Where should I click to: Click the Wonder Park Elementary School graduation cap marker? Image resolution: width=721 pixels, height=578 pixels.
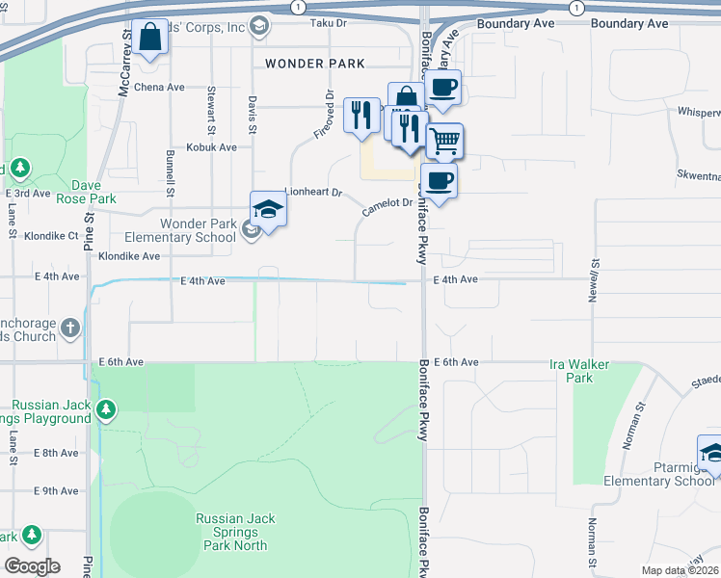coord(268,209)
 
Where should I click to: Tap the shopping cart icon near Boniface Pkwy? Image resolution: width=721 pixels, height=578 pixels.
coord(443,141)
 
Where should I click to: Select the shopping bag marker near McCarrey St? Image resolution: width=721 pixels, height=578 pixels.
coord(150,39)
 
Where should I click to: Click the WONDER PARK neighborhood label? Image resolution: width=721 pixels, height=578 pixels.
coord(315,64)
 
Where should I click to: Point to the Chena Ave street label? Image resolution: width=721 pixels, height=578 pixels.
coord(159,87)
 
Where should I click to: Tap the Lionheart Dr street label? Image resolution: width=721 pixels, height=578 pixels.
coord(313,193)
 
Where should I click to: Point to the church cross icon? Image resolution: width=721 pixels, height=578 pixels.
coord(69,329)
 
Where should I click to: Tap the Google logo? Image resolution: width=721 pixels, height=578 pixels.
coord(32,565)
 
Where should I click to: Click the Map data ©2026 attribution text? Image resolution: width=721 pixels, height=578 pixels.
coord(679,570)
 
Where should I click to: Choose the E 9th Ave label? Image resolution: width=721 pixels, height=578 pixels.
coord(55,490)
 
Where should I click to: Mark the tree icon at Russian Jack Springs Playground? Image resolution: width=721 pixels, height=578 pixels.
coord(105,411)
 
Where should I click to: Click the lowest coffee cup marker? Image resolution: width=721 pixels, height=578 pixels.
coord(439,181)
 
